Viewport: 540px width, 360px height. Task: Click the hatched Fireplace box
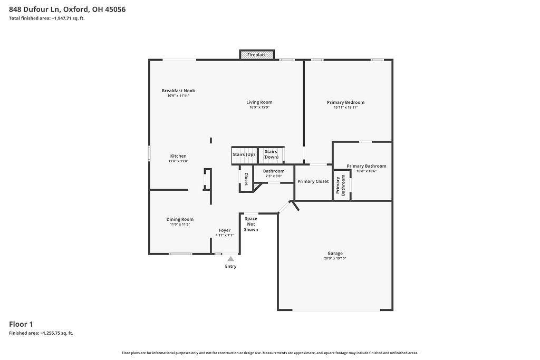[x=257, y=55]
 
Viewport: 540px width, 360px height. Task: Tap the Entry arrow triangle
[x=231, y=259]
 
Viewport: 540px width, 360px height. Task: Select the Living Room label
[x=259, y=102]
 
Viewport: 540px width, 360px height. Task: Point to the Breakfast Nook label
[x=178, y=91]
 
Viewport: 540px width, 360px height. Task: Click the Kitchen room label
[x=178, y=156]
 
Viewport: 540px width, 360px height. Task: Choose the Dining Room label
[x=180, y=220]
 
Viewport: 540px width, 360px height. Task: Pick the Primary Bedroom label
[x=346, y=103]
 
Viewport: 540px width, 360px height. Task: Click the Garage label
[x=335, y=254]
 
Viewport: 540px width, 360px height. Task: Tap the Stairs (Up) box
[x=244, y=155]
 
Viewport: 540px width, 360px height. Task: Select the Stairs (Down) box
[x=271, y=155]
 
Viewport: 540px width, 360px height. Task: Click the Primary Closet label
[x=313, y=181]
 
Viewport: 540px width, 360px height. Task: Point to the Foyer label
[x=225, y=230]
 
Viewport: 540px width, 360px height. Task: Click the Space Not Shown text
[x=251, y=224]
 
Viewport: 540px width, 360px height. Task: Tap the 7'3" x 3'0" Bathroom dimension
[x=274, y=176]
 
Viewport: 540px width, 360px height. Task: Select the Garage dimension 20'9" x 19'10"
[x=335, y=258]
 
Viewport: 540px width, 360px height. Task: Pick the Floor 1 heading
[x=21, y=324]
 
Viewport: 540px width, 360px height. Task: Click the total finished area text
[x=47, y=18]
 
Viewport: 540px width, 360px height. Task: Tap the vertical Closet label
[x=246, y=179]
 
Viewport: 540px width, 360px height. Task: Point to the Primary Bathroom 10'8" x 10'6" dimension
[x=367, y=171]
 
